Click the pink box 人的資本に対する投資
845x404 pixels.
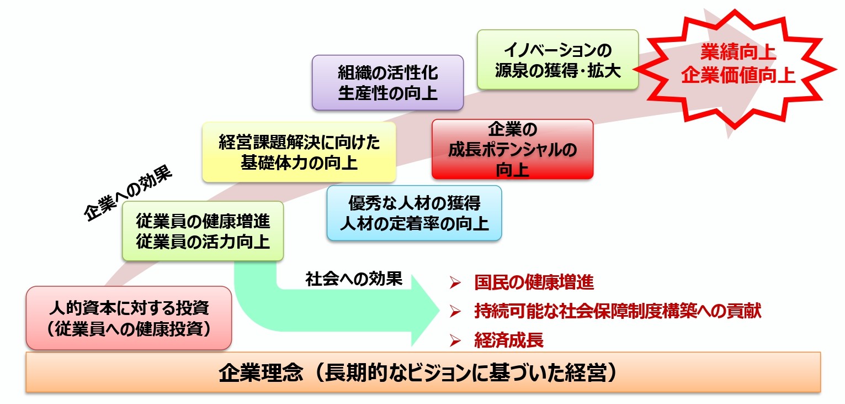coord(129,318)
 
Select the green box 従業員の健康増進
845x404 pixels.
coord(203,231)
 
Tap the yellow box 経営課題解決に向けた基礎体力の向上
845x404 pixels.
coord(299,153)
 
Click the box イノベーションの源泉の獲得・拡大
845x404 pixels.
coord(557,60)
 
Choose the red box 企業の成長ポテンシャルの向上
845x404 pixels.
coord(512,149)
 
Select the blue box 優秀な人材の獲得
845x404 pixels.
coord(414,213)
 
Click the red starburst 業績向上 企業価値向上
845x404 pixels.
coord(738,65)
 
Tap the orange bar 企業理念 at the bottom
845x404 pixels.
coord(423,372)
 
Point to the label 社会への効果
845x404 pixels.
coord(354,280)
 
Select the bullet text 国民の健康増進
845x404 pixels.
coord(534,283)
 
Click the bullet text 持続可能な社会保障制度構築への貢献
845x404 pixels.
coord(618,311)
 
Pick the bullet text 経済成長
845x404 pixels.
coord(509,340)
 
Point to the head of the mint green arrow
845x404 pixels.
coord(423,309)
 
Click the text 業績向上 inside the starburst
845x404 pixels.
coord(738,53)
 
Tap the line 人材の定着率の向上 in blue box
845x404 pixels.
coord(414,224)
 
